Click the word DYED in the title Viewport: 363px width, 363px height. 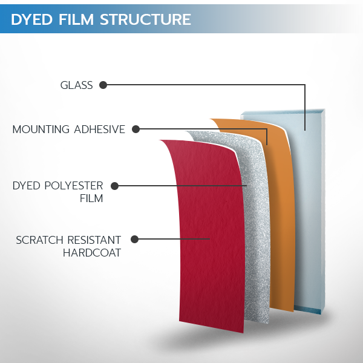[31, 19]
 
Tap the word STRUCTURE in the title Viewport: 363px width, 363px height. [145, 19]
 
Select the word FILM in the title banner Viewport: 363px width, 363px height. [76, 19]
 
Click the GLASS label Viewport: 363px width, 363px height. [76, 85]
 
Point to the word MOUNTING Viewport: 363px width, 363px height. [41, 129]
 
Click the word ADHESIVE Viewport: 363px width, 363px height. [100, 129]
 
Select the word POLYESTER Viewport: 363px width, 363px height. [74, 186]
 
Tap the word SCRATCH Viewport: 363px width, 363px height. [39, 240]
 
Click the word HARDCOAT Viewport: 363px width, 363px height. [92, 252]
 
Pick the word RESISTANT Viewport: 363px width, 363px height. [94, 240]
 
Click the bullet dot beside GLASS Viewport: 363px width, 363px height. [103, 85]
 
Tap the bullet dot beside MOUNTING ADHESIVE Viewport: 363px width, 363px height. [136, 129]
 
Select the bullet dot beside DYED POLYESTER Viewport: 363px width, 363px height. [114, 186]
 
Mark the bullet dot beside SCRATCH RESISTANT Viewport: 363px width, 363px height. [134, 239]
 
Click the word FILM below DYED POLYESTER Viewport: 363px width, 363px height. [91, 198]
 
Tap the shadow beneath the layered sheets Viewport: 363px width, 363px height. [232, 340]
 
